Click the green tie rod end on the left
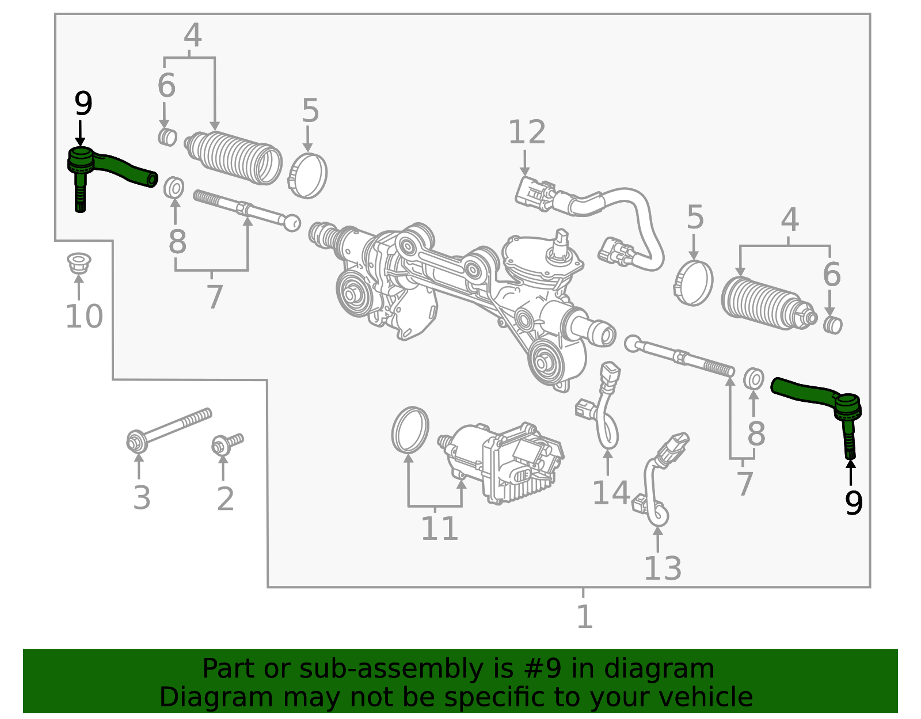click(x=109, y=168)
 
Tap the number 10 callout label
click(x=84, y=317)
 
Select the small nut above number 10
click(x=79, y=263)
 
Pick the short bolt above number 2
click(x=227, y=444)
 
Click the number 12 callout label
click(x=526, y=133)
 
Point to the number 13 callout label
click(x=662, y=569)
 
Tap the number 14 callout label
click(x=611, y=493)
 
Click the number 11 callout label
click(x=439, y=529)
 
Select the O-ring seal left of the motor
click(x=410, y=430)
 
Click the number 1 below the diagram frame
click(x=584, y=617)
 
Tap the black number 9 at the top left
click(x=83, y=105)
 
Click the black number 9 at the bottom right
click(x=854, y=503)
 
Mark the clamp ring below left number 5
click(x=308, y=176)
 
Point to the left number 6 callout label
click(x=166, y=86)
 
